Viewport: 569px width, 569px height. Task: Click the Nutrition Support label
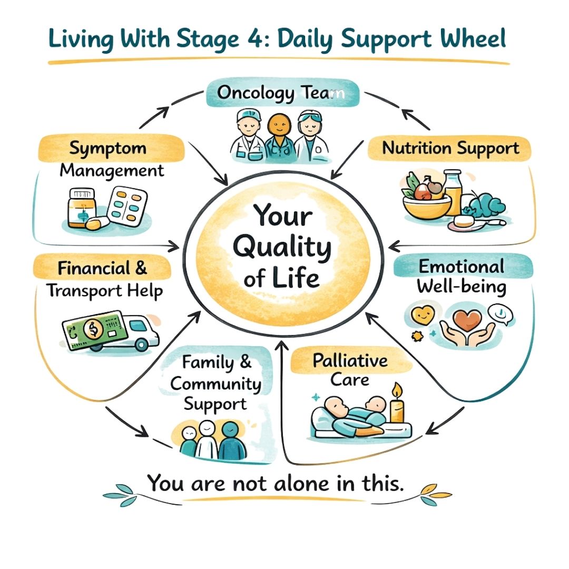(x=450, y=149)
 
